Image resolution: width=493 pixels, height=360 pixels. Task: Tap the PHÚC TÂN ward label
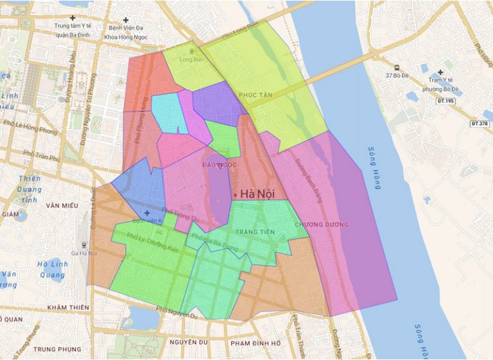pyautogui.click(x=255, y=95)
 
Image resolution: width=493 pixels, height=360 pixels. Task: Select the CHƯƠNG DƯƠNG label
pyautogui.click(x=322, y=225)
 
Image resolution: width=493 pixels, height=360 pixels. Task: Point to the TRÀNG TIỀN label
pyautogui.click(x=255, y=232)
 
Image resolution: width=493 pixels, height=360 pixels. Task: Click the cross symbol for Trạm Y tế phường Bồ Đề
pyautogui.click(x=440, y=73)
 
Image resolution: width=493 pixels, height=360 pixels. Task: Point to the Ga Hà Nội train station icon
pyautogui.click(x=84, y=244)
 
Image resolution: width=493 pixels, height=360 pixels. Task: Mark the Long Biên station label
pyautogui.click(x=191, y=60)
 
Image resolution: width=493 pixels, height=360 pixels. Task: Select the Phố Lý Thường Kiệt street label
pyautogui.click(x=152, y=243)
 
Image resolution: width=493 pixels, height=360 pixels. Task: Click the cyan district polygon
pyautogui.click(x=168, y=112)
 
